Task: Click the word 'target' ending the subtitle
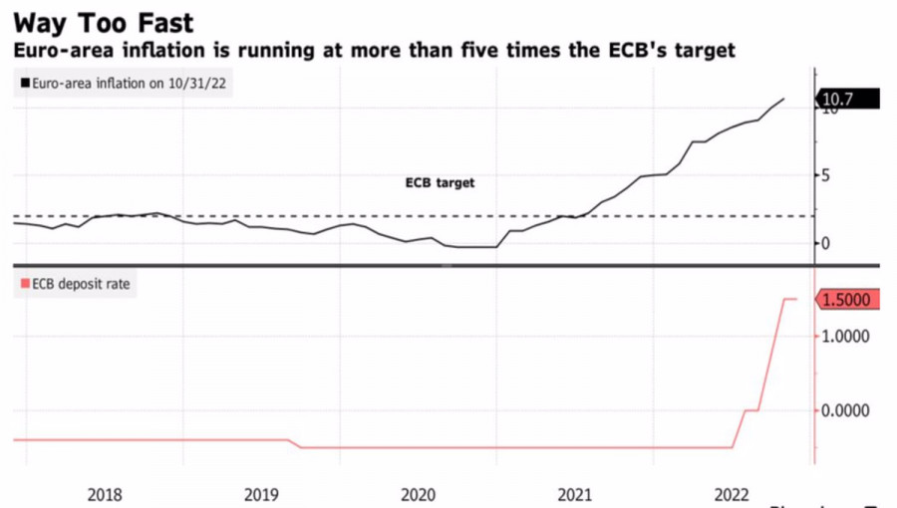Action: click(x=701, y=50)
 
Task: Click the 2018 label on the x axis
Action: click(x=105, y=493)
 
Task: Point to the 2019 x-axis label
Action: click(x=261, y=493)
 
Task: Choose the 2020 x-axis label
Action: click(x=418, y=493)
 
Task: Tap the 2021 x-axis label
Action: click(x=575, y=493)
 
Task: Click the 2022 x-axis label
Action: click(x=733, y=493)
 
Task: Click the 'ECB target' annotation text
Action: click(x=440, y=183)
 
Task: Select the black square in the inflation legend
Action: click(x=25, y=84)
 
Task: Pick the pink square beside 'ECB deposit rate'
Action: click(x=25, y=284)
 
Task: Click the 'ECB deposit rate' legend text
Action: click(x=81, y=284)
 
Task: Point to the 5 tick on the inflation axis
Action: click(x=825, y=175)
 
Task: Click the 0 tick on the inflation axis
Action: click(x=825, y=243)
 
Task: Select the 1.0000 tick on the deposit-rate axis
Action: click(x=845, y=337)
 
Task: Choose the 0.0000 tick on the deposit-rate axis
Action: click(x=845, y=410)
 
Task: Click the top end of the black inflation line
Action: click(x=784, y=99)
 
